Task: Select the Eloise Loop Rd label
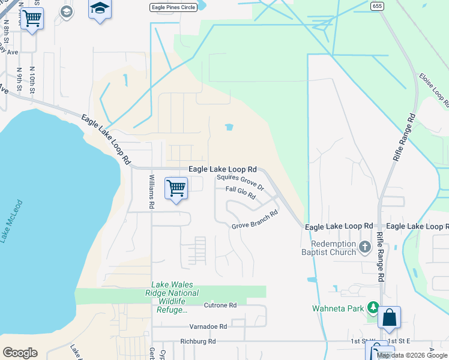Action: [x=434, y=90]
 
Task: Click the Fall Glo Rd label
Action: [x=241, y=192]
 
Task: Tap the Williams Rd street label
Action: [x=152, y=191]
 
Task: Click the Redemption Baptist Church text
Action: [x=334, y=248]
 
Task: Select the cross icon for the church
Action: [x=364, y=247]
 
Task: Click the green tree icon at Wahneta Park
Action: [x=373, y=308]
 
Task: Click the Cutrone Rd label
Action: [x=220, y=305]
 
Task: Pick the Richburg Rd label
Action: [x=197, y=341]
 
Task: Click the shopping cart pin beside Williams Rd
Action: [x=176, y=188]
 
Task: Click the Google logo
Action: [x=20, y=353]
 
